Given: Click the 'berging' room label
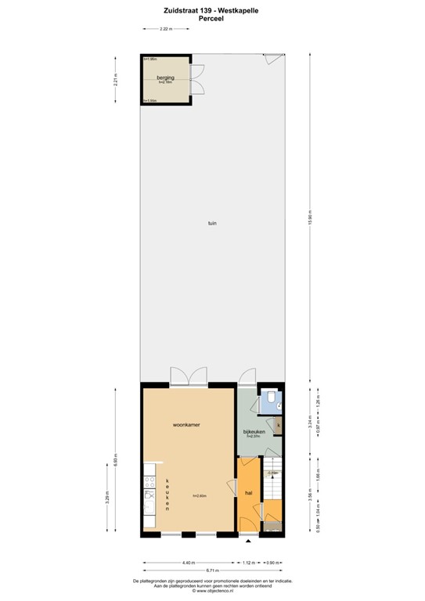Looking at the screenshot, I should tap(165, 77).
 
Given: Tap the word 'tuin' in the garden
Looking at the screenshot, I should tap(211, 223).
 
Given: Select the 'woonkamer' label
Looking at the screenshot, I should tap(186, 424).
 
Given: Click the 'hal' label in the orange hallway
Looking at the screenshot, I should tap(248, 493).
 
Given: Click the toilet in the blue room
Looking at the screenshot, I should tap(268, 402).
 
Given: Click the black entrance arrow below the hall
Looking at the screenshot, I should tap(249, 541).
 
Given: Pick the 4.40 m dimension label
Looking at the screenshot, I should tap(188, 563).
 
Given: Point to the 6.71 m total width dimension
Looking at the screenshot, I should tap(212, 570).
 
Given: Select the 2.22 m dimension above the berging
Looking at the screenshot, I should tap(165, 29).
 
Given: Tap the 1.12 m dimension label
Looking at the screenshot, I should tap(249, 563).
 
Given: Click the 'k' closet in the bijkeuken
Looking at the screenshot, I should tap(278, 425).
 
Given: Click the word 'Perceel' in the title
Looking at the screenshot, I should tap(212, 18).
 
